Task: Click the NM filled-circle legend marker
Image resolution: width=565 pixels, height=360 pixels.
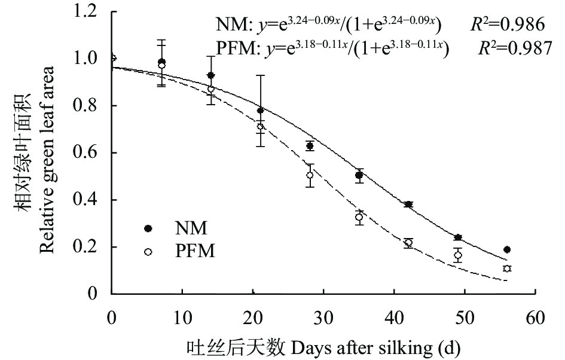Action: pyautogui.click(x=148, y=228)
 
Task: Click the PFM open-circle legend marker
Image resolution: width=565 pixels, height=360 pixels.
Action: pyautogui.click(x=148, y=252)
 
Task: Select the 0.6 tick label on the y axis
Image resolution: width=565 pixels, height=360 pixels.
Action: pyautogui.click(x=93, y=153)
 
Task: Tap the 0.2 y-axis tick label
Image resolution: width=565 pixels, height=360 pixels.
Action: pyautogui.click(x=93, y=247)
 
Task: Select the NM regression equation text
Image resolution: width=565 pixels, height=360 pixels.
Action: pyautogui.click(x=329, y=25)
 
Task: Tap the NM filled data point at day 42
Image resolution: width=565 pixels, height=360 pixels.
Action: pyautogui.click(x=408, y=205)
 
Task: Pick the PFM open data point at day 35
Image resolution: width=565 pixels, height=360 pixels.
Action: pyautogui.click(x=359, y=217)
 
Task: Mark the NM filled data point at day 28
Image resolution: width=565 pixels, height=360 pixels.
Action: pyautogui.click(x=310, y=146)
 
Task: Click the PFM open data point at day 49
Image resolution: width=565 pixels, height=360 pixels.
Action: pyautogui.click(x=458, y=255)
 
